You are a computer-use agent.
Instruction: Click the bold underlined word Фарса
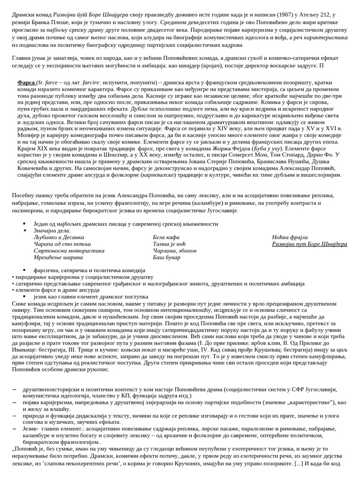click(x=26, y=82)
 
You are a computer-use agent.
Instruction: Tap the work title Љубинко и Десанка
click(x=59, y=237)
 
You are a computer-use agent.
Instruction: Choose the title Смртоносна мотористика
click(x=69, y=250)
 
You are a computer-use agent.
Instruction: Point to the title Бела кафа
click(x=166, y=237)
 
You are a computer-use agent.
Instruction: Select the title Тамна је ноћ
click(x=169, y=244)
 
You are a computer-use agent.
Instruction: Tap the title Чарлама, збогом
click(x=174, y=250)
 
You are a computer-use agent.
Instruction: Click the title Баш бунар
click(x=166, y=257)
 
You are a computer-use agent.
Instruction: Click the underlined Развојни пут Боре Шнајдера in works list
click(x=309, y=244)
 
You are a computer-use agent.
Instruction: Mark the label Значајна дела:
click(x=52, y=231)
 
